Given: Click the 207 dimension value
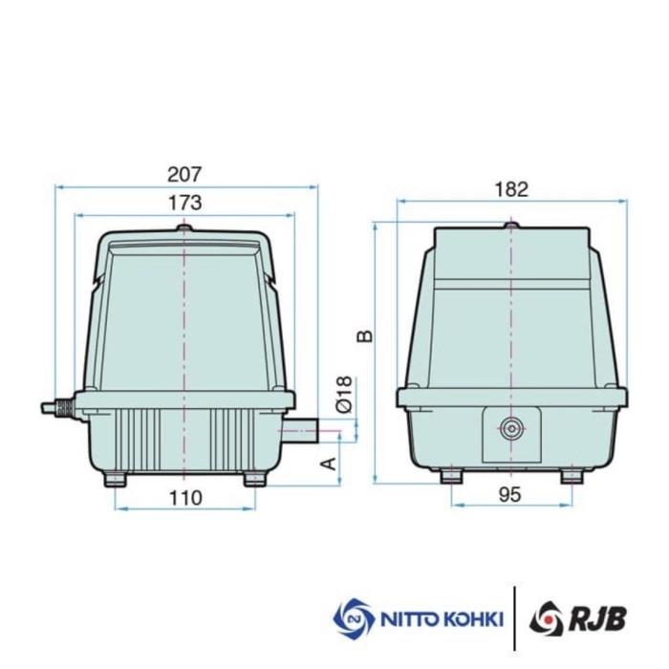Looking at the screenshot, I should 184,174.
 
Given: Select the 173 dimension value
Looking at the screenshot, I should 184,202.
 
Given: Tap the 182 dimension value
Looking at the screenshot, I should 511,189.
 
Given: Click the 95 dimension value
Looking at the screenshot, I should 511,495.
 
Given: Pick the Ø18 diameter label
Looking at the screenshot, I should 345,394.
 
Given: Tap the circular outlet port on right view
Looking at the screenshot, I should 511,429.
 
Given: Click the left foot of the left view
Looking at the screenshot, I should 116,478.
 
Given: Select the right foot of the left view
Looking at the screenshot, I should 254,478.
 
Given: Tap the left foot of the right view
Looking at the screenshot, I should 451,475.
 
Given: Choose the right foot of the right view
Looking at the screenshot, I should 572,475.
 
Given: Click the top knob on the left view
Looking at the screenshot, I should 184,228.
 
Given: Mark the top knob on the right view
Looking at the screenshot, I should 511,226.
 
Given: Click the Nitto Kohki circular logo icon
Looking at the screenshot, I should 353,617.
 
